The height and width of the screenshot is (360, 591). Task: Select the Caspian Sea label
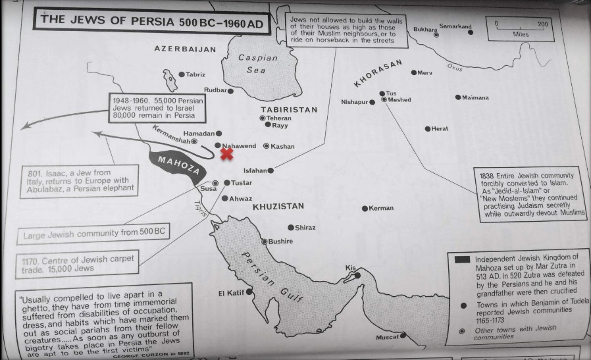[x=257, y=63]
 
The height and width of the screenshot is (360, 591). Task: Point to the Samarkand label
[x=455, y=27]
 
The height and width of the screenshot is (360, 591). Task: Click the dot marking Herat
[x=428, y=129]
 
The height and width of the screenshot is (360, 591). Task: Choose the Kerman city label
[x=381, y=209]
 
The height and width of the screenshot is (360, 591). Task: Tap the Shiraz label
[x=305, y=228]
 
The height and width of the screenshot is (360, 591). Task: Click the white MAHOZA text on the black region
[x=175, y=167]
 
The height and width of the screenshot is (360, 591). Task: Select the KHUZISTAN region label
[x=278, y=207]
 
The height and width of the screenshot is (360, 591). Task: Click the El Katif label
[x=231, y=292]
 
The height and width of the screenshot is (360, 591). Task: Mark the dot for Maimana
[x=458, y=97]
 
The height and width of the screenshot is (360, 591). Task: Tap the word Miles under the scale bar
[x=521, y=34]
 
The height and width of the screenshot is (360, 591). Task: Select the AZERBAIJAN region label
[x=185, y=49]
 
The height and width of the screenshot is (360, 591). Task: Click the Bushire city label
[x=281, y=242]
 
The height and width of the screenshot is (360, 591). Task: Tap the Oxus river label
[x=455, y=66]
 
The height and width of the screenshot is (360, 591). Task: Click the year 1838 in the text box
[x=492, y=176]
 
